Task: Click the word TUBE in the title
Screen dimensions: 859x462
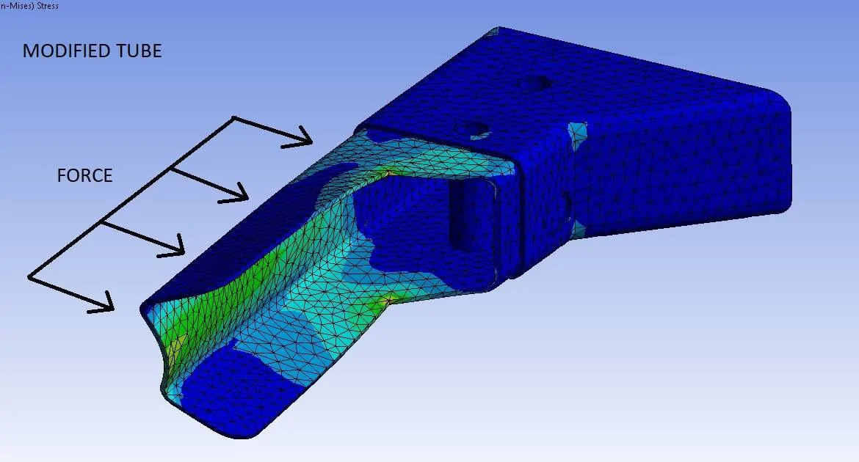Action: [x=139, y=51]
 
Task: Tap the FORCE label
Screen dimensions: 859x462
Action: [x=85, y=175]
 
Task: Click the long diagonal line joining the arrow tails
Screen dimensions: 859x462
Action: [x=131, y=197]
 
